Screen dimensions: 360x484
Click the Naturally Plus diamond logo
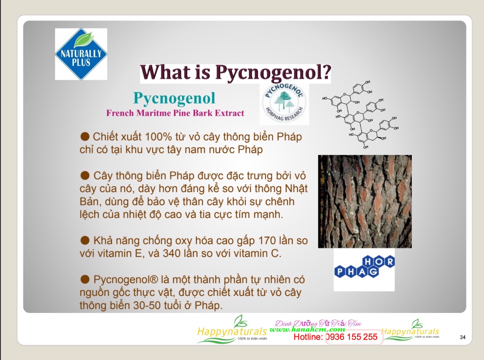(81, 54)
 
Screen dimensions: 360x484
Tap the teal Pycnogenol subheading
(174, 98)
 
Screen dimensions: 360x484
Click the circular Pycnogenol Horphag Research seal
(284, 104)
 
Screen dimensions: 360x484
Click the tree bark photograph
(365, 201)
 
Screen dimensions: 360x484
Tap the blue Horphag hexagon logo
(364, 267)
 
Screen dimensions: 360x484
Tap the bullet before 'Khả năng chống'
(85, 240)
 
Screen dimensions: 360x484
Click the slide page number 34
(462, 337)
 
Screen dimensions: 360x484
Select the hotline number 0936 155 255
(352, 337)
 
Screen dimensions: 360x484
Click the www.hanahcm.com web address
(307, 329)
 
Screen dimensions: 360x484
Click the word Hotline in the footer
(308, 337)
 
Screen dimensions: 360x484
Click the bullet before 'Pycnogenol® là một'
(85, 279)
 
